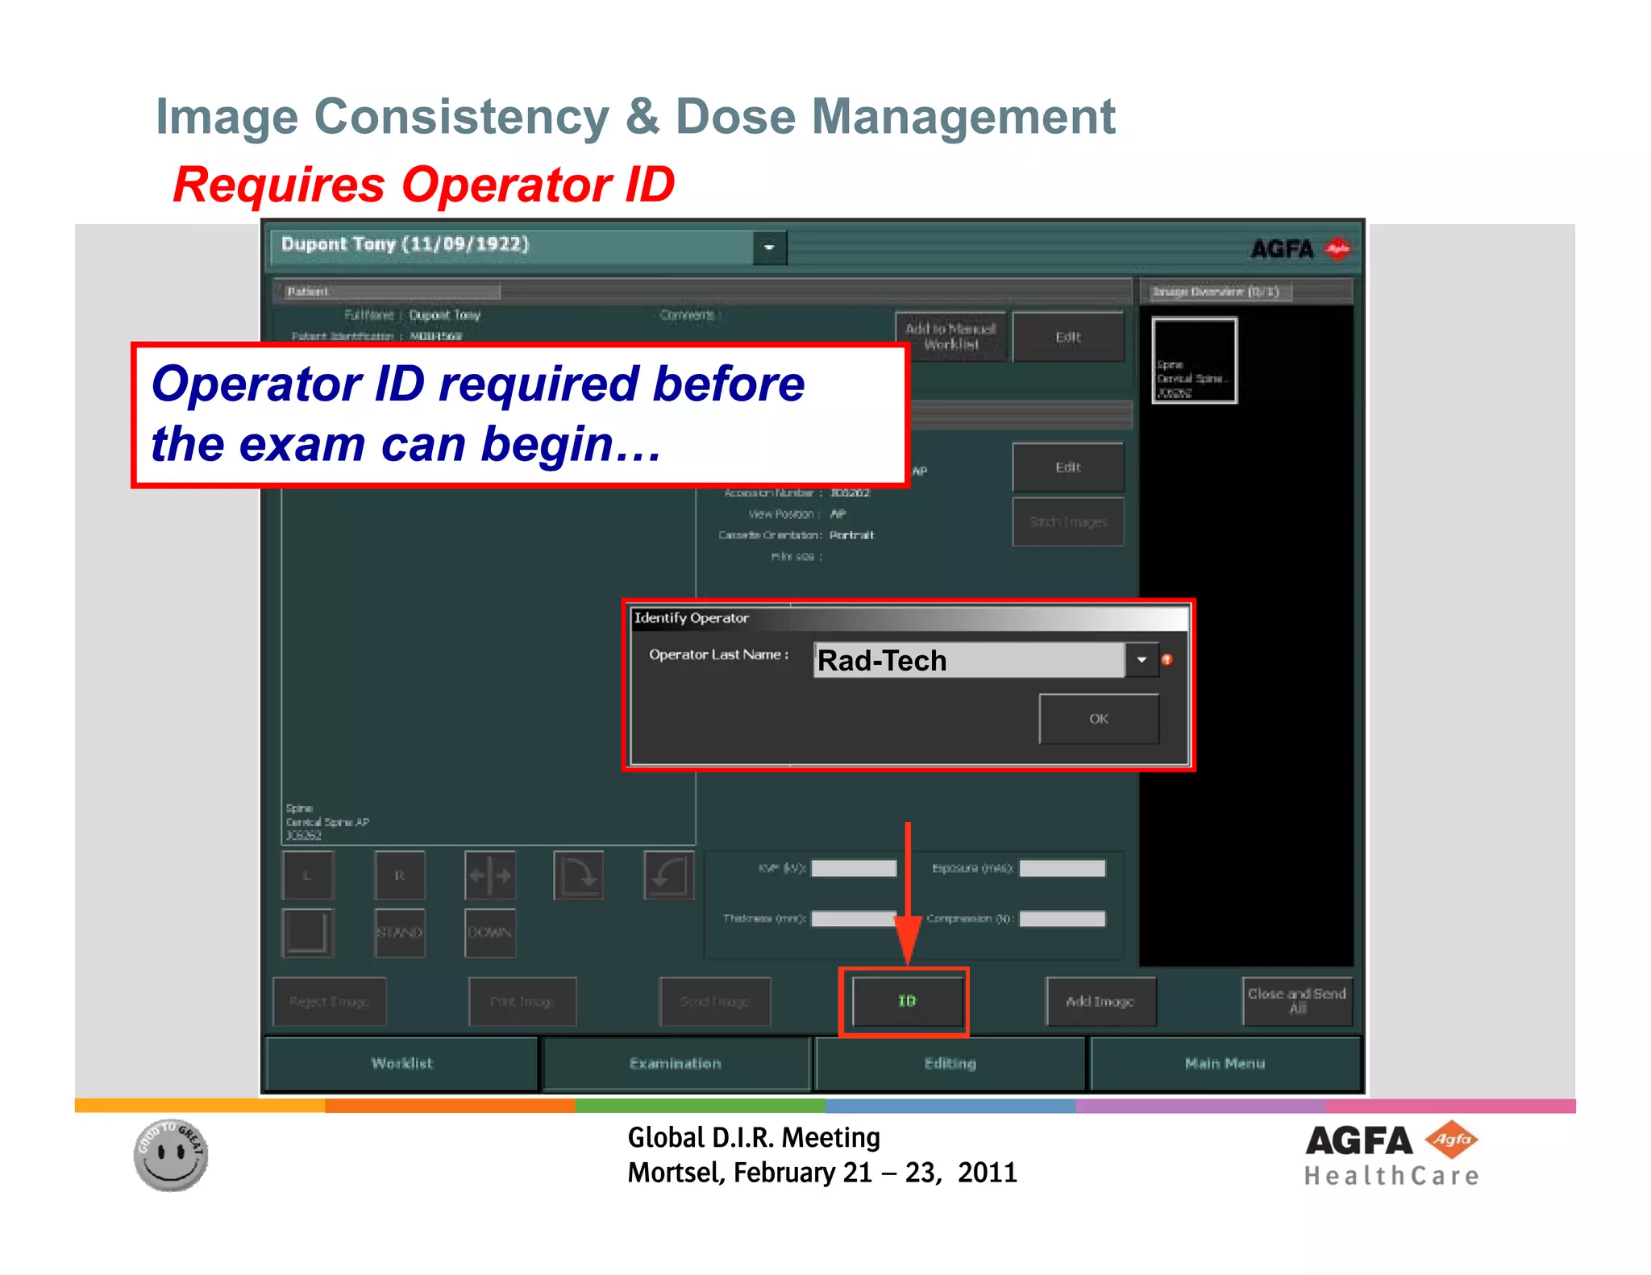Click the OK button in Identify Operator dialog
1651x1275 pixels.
1098,719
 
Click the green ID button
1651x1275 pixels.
907,1001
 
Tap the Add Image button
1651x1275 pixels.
1100,1002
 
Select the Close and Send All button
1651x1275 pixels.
1296,1001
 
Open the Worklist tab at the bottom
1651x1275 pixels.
401,1064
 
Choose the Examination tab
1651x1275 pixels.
676,1064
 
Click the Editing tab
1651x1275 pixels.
950,1064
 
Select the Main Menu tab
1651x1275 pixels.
1225,1064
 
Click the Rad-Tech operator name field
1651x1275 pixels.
967,660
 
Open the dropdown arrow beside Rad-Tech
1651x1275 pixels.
1142,660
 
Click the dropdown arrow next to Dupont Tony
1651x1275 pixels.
769,247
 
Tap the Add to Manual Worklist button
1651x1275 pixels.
950,337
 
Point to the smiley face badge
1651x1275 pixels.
171,1155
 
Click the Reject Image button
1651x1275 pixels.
329,1002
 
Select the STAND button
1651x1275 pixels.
399,932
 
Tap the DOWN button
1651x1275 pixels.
489,932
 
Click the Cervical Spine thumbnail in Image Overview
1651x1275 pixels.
1194,360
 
